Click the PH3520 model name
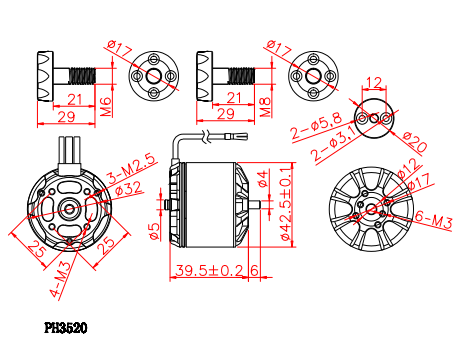(66, 328)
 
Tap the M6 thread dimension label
(106, 107)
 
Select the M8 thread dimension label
(265, 107)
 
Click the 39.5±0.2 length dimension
(209, 270)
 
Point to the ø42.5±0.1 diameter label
(287, 203)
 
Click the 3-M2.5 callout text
(132, 168)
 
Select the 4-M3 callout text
(60, 279)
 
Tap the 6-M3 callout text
(433, 219)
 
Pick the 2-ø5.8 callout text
(316, 126)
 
